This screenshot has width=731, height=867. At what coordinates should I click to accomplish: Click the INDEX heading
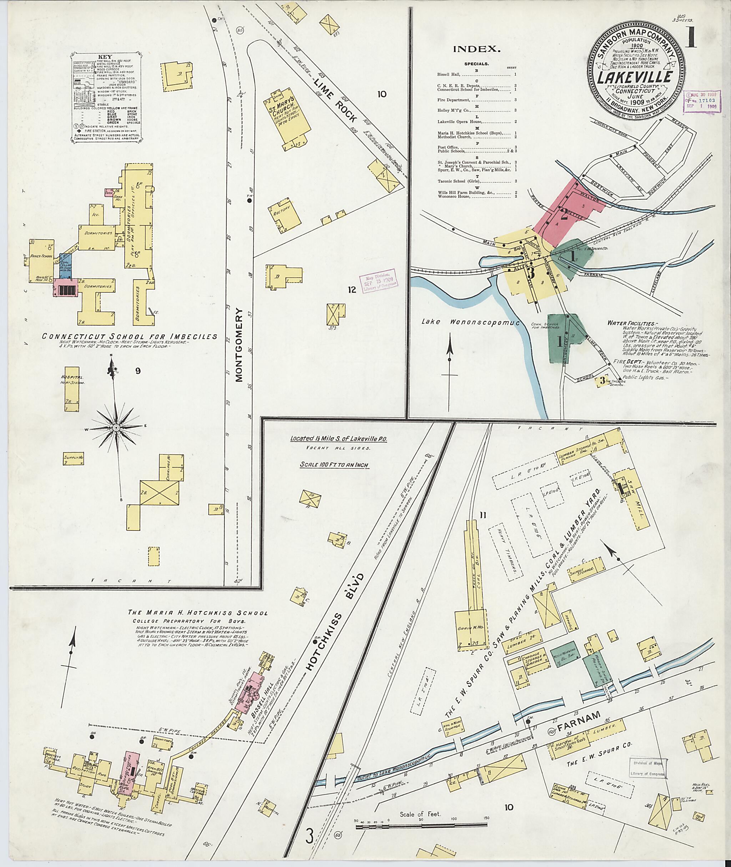click(476, 49)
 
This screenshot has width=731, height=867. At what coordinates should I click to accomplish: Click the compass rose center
click(116, 427)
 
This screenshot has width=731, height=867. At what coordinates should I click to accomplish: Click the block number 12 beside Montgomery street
click(352, 290)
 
